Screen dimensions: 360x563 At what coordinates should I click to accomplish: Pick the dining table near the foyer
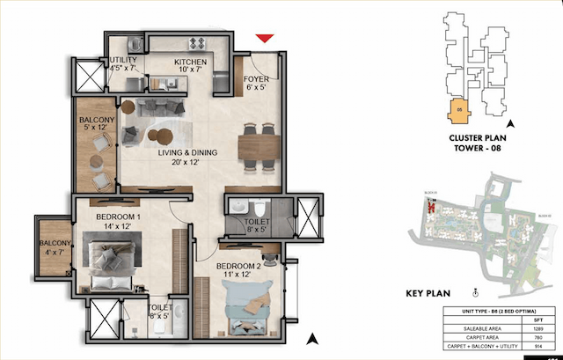[x=260, y=140]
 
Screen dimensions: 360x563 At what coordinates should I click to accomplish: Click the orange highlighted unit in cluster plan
[x=458, y=113]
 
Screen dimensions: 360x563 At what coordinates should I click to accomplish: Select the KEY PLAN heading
[x=434, y=293]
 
